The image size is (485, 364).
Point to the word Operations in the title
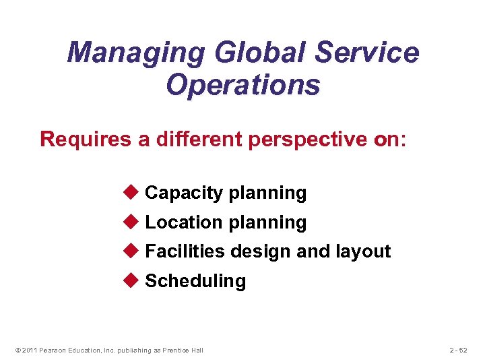243,85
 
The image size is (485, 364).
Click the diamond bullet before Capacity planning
131,193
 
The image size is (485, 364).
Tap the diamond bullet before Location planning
131,222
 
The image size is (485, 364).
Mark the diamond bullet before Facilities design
131,251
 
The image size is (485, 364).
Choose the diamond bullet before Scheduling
131,280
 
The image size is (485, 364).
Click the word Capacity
183,193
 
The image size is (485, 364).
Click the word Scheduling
195,281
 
